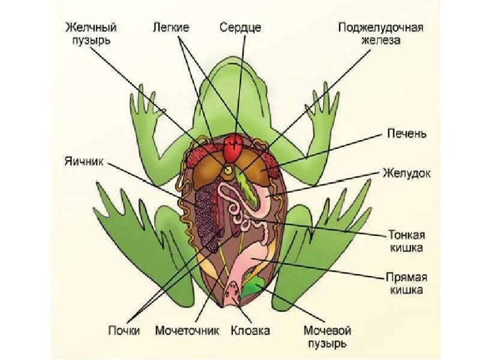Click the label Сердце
(x=240, y=28)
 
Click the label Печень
(x=406, y=133)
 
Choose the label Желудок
(x=406, y=173)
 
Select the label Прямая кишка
(x=406, y=283)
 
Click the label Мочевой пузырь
(x=327, y=337)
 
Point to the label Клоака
(x=250, y=331)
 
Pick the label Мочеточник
(x=187, y=331)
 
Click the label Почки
(x=124, y=331)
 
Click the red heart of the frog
(x=234, y=143)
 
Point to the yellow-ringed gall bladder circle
(x=228, y=171)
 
